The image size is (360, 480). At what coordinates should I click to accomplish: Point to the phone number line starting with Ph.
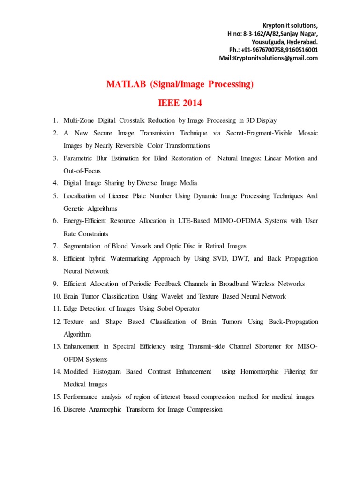pos(273,50)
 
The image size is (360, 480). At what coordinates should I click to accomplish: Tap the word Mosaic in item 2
pos(307,133)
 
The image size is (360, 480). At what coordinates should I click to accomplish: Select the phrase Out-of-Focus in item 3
pos(82,171)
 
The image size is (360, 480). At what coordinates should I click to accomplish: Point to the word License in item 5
pos(120,196)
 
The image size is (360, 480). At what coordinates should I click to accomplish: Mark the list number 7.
pos(55,246)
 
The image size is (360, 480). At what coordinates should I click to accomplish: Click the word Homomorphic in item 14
pos(260,372)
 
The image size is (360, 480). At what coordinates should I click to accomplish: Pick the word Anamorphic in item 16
pos(111,409)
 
